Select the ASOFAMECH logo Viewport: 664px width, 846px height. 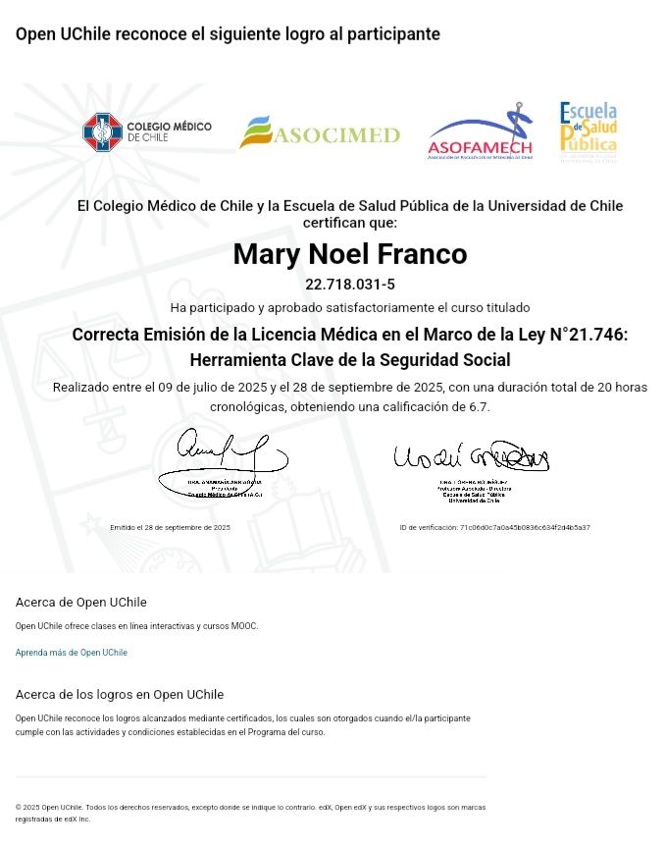pyautogui.click(x=481, y=132)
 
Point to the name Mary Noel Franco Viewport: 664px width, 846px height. pyautogui.click(x=349, y=254)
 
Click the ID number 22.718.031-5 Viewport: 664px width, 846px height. pyautogui.click(x=349, y=286)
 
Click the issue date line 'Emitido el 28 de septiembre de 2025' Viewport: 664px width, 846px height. pyautogui.click(x=171, y=527)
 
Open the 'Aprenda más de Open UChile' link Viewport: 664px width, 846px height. pyautogui.click(x=72, y=653)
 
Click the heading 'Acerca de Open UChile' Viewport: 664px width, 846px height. pyautogui.click(x=81, y=602)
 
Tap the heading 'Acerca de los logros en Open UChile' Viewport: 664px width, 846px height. pyautogui.click(x=120, y=694)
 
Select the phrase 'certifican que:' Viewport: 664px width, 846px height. pyautogui.click(x=350, y=223)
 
